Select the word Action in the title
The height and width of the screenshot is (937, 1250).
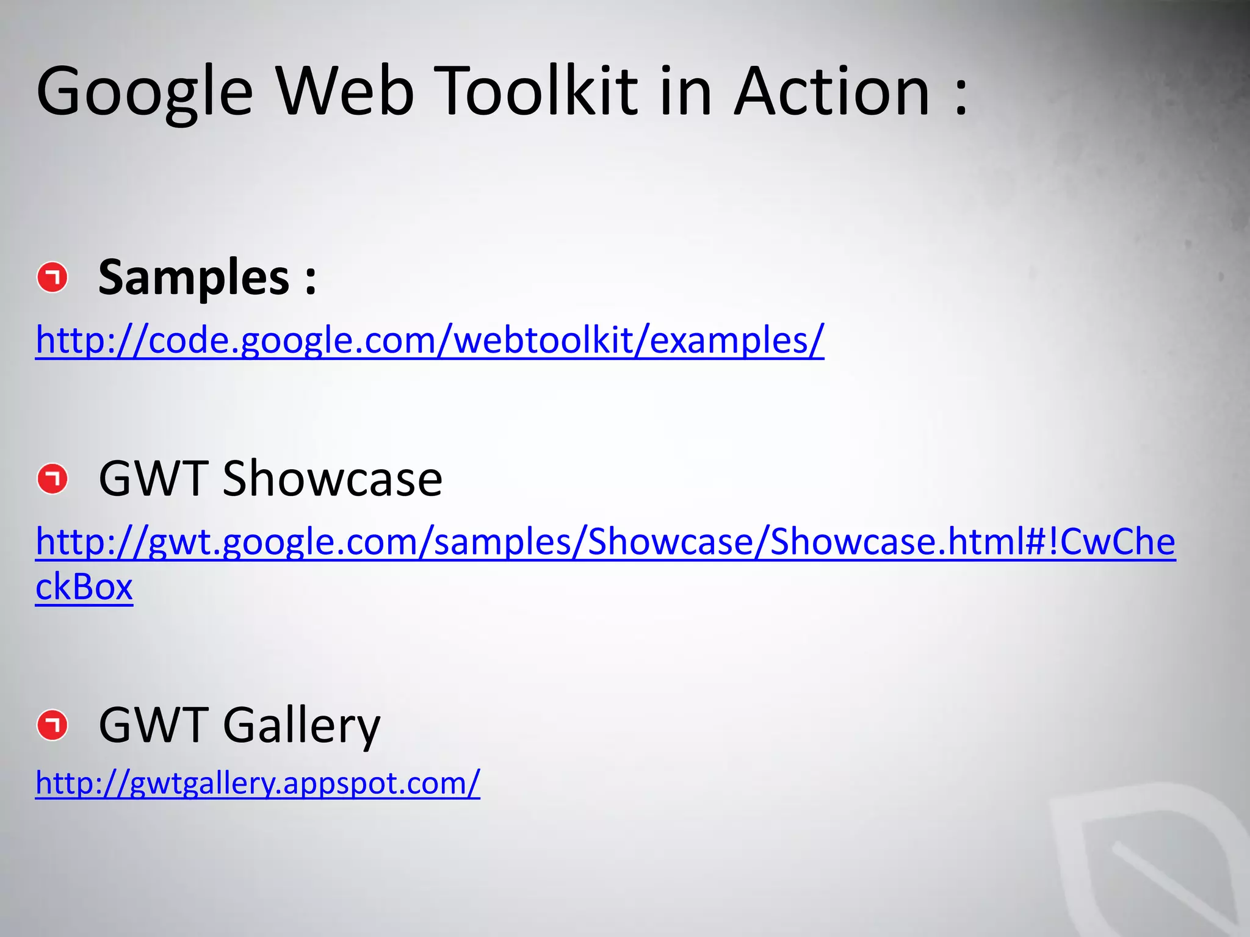click(x=831, y=92)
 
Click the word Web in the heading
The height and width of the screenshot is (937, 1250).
click(x=345, y=92)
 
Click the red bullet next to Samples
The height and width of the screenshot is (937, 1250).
click(x=52, y=278)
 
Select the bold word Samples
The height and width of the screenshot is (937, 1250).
click(x=194, y=278)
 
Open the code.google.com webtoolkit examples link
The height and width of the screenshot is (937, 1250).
click(x=430, y=340)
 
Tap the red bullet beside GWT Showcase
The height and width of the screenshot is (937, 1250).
click(x=52, y=479)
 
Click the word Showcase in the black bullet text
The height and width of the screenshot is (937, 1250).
click(x=332, y=479)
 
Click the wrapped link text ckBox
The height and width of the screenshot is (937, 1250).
click(x=84, y=587)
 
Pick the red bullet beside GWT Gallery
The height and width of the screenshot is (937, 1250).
click(x=52, y=725)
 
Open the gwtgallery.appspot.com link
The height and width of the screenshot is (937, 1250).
click(x=258, y=783)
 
